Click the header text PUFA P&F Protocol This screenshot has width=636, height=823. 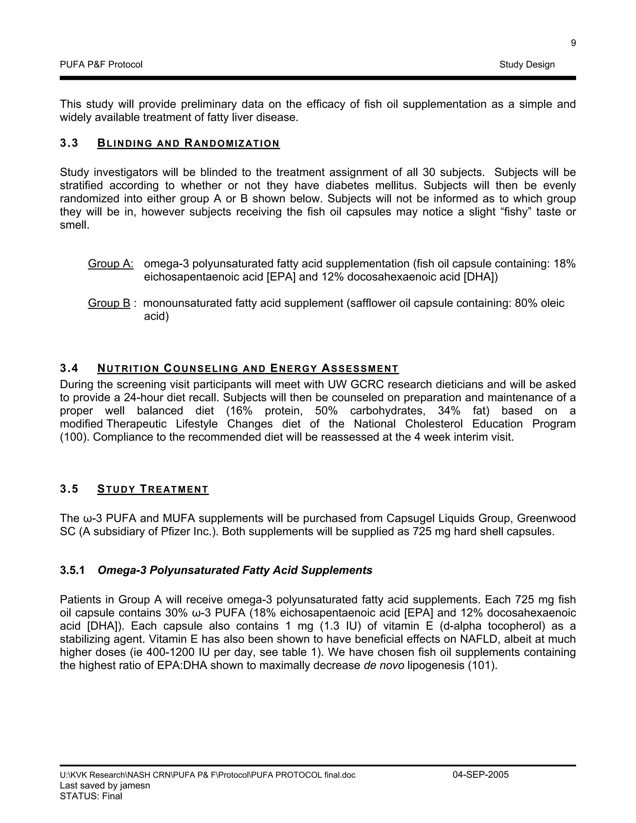point(101,65)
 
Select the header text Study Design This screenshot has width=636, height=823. point(527,65)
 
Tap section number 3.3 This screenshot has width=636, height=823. point(69,143)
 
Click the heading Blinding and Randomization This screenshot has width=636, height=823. point(189,143)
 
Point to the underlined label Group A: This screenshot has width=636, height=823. point(110,264)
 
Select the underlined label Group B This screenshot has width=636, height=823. point(109,303)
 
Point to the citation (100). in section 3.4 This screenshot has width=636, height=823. point(75,437)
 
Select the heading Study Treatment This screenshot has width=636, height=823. point(152,489)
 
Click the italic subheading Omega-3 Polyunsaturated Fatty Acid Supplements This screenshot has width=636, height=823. point(235,570)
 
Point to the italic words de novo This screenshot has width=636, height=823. point(384,666)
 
